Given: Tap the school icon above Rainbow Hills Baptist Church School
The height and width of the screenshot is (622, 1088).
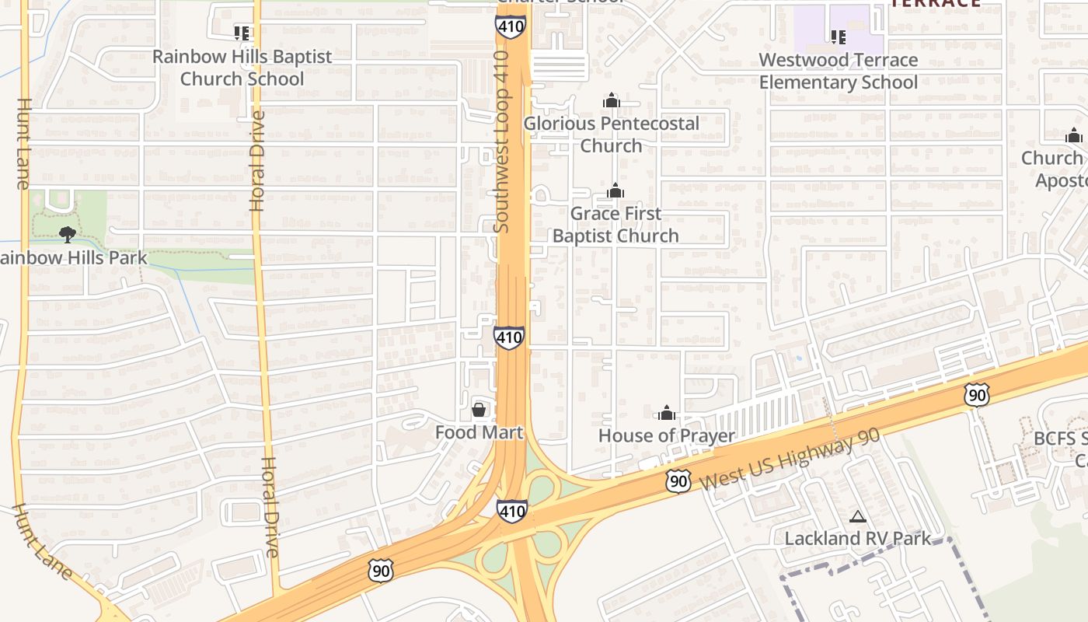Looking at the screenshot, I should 242,33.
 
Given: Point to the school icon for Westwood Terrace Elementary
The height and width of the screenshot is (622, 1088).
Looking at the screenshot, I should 838,37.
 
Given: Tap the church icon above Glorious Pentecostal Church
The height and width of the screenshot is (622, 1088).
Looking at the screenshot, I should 612,100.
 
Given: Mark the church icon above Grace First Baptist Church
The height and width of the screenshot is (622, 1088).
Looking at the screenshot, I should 615,190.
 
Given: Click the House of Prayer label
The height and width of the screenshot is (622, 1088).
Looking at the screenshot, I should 666,435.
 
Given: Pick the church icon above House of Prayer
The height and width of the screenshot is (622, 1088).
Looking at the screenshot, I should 666,413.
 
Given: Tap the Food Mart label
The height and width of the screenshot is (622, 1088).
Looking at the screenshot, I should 479,432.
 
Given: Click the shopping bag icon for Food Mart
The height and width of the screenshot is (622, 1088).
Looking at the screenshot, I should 479,409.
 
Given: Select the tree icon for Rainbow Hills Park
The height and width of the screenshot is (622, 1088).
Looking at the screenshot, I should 68,233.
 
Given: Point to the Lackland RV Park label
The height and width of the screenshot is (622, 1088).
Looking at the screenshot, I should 857,538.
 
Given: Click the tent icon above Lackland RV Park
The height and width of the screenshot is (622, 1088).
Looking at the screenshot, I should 857,516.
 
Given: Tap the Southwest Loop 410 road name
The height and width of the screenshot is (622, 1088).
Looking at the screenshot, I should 502,142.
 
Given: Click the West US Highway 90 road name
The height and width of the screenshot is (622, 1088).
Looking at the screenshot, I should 790,458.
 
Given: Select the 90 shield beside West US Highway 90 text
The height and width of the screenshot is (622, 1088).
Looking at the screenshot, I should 678,481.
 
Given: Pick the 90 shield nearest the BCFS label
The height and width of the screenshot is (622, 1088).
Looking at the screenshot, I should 977,395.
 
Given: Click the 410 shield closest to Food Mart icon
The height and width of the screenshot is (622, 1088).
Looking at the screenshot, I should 508,337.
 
